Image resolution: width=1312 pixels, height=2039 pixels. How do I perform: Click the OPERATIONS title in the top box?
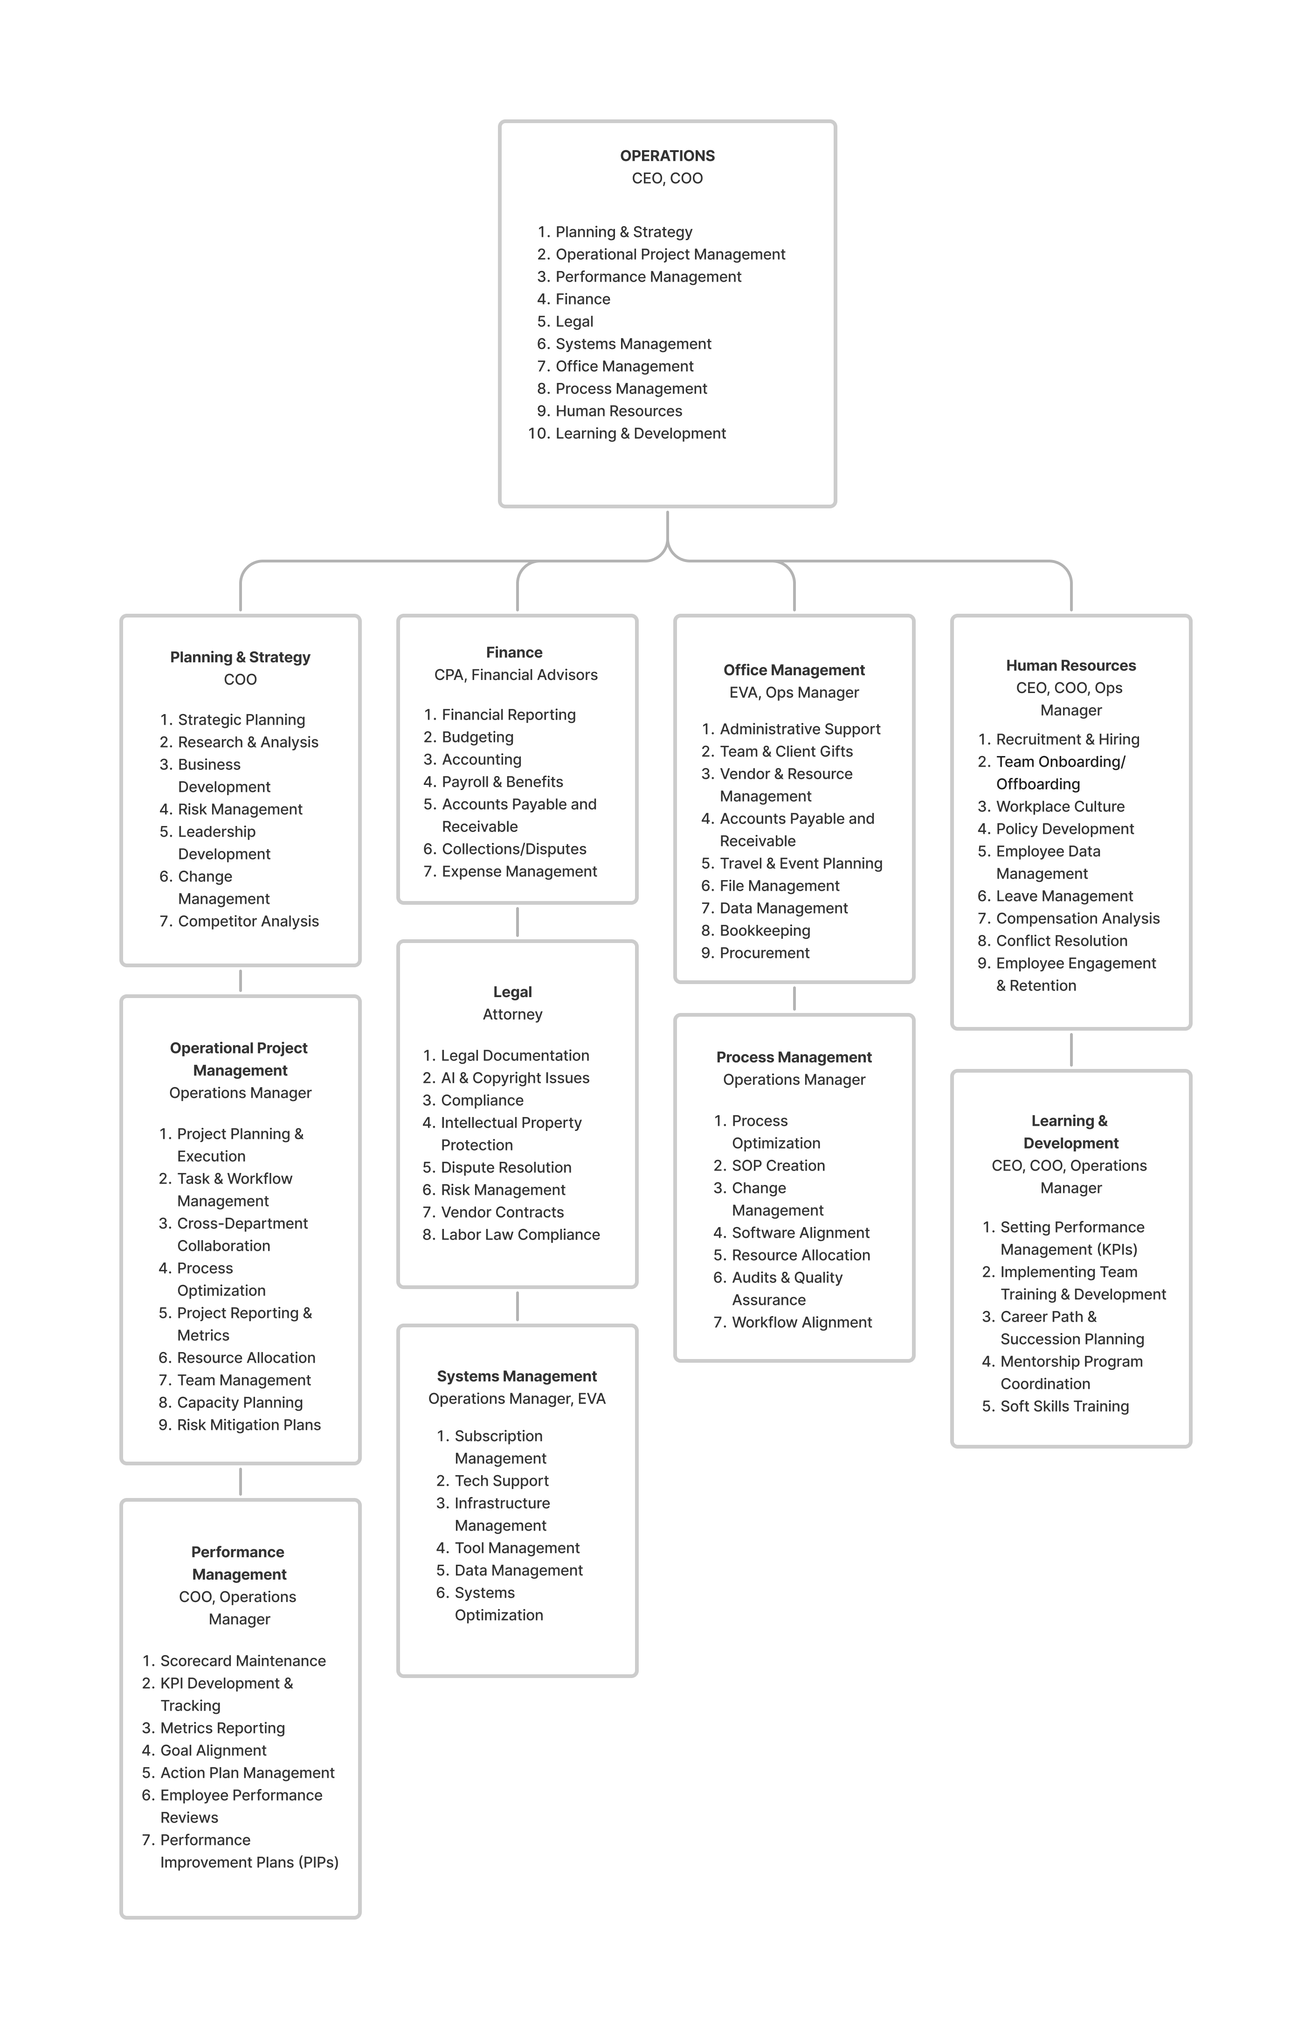click(667, 156)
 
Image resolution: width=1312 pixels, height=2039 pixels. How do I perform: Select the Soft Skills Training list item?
click(1064, 1406)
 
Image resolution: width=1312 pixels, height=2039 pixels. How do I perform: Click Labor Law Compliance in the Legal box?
click(520, 1234)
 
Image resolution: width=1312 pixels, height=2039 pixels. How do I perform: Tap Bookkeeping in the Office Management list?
click(764, 930)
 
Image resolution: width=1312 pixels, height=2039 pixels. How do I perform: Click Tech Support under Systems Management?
click(501, 1481)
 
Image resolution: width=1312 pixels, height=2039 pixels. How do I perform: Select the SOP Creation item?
click(778, 1165)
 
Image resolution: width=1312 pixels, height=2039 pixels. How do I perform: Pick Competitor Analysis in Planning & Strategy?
click(248, 921)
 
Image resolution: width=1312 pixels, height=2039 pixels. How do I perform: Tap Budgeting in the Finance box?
click(477, 737)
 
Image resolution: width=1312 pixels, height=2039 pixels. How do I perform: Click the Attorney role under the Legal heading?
click(512, 1014)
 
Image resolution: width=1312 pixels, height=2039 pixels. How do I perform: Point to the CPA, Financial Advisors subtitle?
click(516, 675)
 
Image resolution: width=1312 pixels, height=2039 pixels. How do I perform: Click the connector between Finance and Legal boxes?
click(517, 922)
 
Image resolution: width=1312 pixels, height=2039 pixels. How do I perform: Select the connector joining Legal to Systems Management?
click(517, 1306)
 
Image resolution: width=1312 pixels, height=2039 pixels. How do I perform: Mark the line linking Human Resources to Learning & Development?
click(1071, 1050)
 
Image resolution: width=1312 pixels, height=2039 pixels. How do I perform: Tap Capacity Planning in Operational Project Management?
click(239, 1402)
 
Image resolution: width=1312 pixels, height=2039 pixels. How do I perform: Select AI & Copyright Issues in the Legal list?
click(515, 1078)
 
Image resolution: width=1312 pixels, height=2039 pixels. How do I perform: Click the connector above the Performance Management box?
click(240, 1482)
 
